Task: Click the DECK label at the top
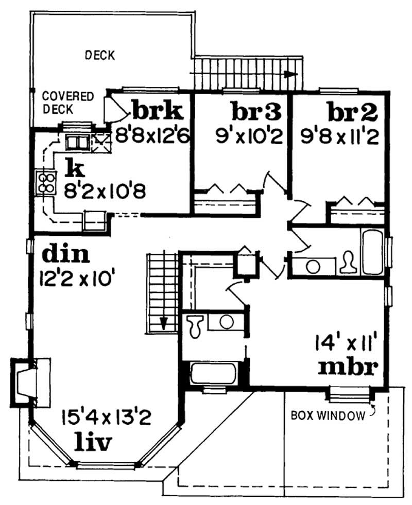[100, 55]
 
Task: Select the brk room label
[158, 110]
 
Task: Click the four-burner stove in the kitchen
[45, 182]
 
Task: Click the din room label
[65, 254]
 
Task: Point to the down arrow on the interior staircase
[164, 323]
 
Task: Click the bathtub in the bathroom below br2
[373, 252]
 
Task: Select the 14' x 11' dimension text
[347, 342]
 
